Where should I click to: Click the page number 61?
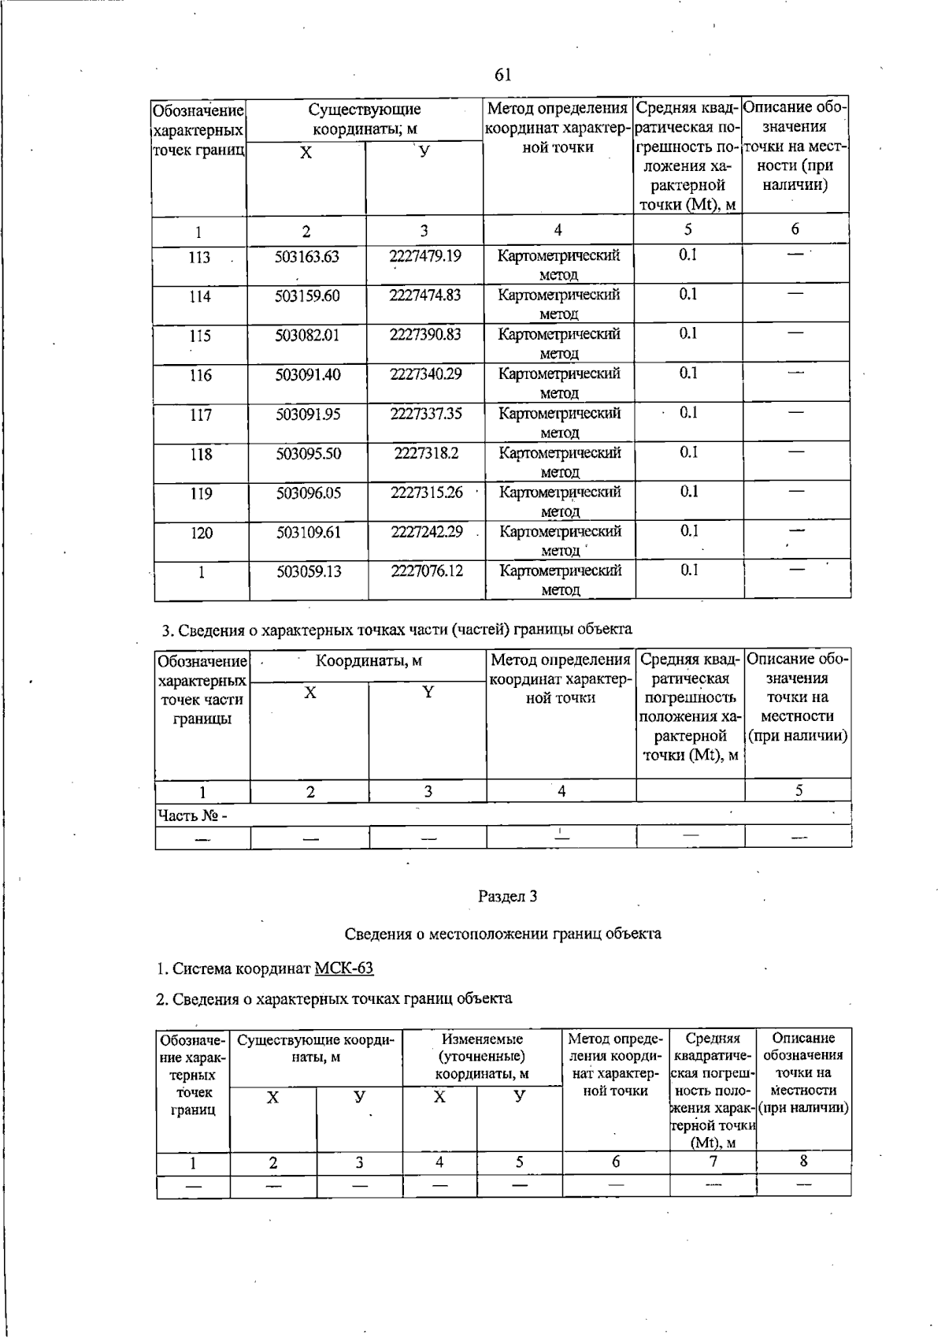pos(503,75)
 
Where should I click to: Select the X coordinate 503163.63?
pos(307,256)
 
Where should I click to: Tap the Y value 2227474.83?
pos(425,295)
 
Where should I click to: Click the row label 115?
pos(200,336)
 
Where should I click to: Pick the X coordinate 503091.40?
pos(308,374)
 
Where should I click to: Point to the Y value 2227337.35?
pos(426,413)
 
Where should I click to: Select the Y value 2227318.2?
pos(426,453)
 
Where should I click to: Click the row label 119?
pos(201,493)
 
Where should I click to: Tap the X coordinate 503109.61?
pos(309,532)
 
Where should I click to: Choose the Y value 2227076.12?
pos(427,571)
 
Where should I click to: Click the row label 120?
pos(202,533)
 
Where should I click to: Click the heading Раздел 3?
pos(507,896)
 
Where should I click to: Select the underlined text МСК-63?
pos(343,968)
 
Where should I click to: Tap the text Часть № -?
pos(192,815)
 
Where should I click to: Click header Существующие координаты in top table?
pos(364,118)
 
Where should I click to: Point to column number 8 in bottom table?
pos(803,1161)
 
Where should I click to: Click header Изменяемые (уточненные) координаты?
pos(482,1056)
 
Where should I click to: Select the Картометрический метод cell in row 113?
pos(558,264)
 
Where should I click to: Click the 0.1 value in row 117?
pos(688,412)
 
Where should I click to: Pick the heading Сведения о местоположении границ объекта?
pos(503,934)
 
